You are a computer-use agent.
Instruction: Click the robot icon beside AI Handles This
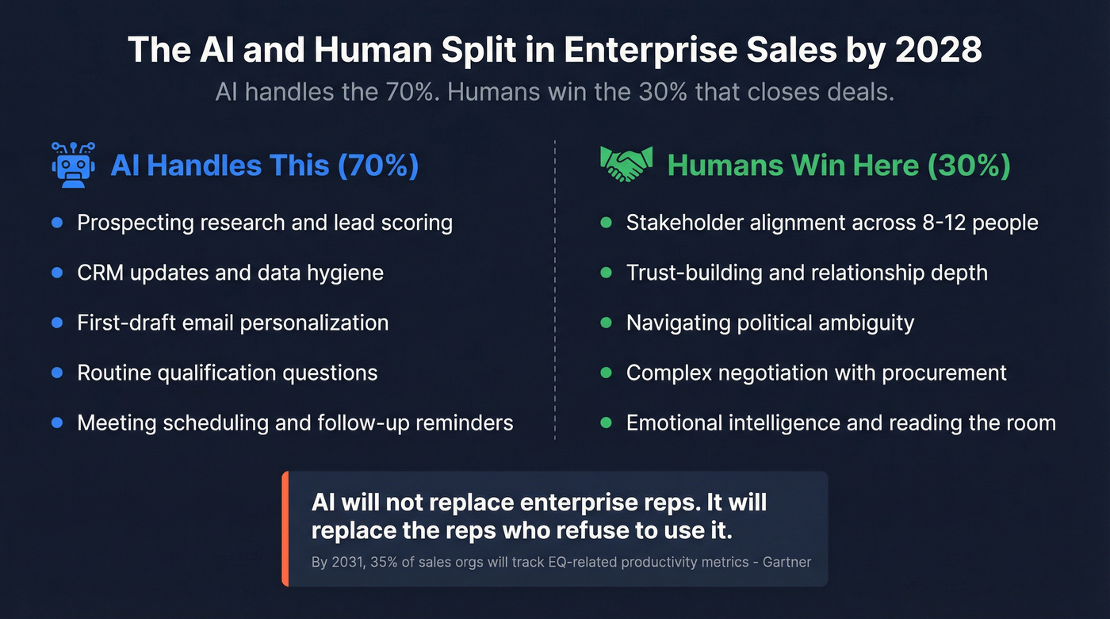pos(74,165)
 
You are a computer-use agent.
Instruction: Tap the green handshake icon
pos(626,164)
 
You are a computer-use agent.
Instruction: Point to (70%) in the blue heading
pos(378,166)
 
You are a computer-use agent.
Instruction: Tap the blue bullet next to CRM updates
pos(56,273)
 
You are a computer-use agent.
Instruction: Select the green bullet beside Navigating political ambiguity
pos(607,323)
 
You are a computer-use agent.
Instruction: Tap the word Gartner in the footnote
pos(787,562)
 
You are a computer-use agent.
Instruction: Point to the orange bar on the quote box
pos(285,529)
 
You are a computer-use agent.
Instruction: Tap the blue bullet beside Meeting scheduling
pos(56,422)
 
